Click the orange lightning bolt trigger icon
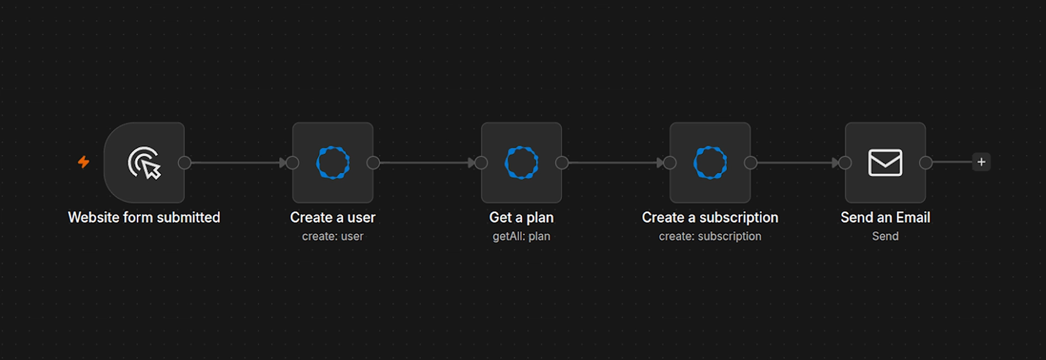[x=83, y=162]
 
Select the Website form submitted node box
[x=144, y=162]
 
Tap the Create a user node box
[x=333, y=162]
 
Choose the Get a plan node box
[x=521, y=162]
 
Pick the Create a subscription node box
[x=710, y=162]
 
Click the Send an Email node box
[x=885, y=162]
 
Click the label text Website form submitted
[x=144, y=217]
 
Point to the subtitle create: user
[x=333, y=236]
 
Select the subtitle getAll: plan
[x=521, y=236]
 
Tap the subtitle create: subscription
[x=710, y=236]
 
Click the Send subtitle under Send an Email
[x=885, y=236]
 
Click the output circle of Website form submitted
[x=185, y=162]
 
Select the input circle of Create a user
[x=293, y=162]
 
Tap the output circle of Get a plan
[x=562, y=162]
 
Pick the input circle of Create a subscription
[x=670, y=162]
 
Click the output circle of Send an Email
[x=926, y=162]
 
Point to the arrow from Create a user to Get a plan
[x=427, y=162]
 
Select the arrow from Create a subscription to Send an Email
[x=798, y=162]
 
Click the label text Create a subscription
[x=710, y=217]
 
